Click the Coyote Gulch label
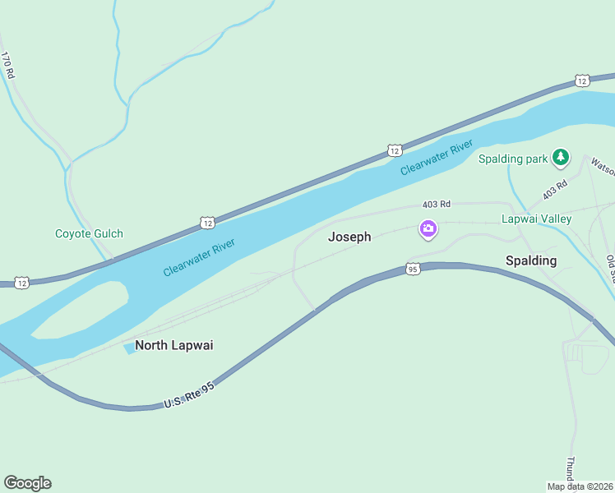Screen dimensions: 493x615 (x=89, y=233)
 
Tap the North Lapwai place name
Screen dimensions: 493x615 (x=173, y=345)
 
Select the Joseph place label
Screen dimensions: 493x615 (x=349, y=237)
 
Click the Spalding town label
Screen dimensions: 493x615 (x=530, y=260)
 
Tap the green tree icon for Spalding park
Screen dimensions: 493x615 (x=561, y=156)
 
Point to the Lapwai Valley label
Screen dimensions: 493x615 (x=536, y=219)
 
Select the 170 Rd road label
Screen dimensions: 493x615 (x=8, y=66)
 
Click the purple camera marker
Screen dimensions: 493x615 (x=428, y=229)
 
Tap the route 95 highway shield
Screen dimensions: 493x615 (x=413, y=269)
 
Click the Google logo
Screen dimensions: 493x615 (x=27, y=483)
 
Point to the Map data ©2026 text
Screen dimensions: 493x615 (x=580, y=486)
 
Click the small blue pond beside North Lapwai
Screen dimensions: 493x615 (x=129, y=348)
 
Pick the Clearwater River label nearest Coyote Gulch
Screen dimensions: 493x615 (x=199, y=257)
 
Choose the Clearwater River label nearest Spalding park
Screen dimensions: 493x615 (x=437, y=157)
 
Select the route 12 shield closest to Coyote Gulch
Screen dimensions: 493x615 (x=206, y=223)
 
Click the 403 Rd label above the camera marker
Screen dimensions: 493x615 (x=437, y=204)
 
